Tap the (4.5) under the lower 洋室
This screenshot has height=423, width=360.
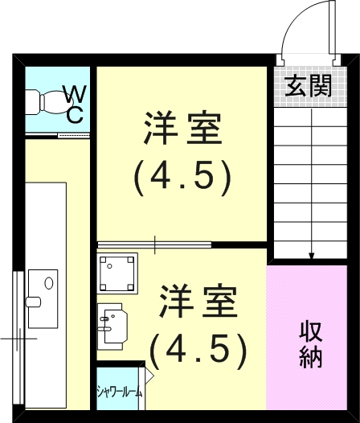tap(197, 347)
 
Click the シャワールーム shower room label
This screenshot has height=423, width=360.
tap(120, 392)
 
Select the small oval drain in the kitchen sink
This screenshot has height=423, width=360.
tap(48, 284)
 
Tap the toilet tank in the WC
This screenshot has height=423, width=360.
tap(33, 103)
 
